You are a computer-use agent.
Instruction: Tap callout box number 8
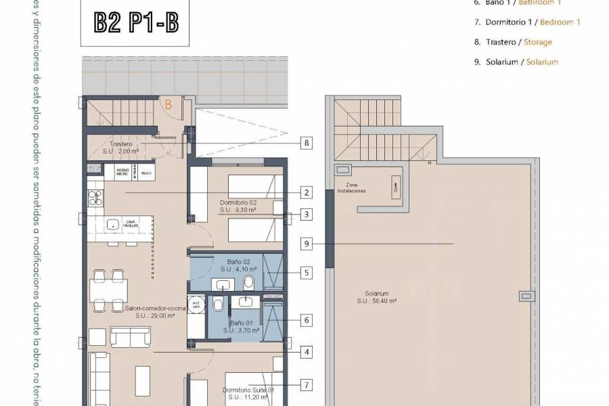307,143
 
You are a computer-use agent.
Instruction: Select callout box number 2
307,193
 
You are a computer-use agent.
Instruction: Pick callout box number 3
307,215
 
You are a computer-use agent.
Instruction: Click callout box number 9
307,244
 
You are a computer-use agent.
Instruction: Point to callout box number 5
307,273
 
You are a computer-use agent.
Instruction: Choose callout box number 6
307,320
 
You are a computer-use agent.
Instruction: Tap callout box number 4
307,352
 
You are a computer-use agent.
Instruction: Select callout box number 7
307,385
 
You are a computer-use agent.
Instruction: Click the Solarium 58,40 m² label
380,297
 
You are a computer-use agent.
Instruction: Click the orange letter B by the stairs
168,104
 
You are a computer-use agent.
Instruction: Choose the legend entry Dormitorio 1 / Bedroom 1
533,22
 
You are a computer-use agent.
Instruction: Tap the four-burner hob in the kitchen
95,198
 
